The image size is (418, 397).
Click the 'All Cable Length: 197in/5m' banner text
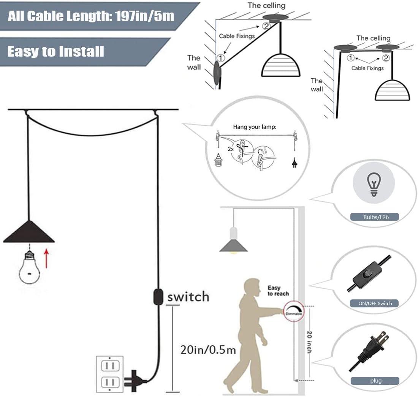pos(91,16)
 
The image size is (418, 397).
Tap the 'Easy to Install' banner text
pos(55,51)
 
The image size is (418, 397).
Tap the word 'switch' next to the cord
pos(188,296)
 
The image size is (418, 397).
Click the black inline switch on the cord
pos(157,297)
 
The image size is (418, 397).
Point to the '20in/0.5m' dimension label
pos(208,350)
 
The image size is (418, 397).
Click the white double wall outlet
pos(110,375)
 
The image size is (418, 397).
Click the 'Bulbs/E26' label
pos(374,217)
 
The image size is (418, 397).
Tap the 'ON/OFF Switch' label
pos(375,303)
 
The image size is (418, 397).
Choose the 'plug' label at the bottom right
pos(375,381)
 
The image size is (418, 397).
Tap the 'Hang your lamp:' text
pos(255,127)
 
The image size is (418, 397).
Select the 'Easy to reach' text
pos(278,291)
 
